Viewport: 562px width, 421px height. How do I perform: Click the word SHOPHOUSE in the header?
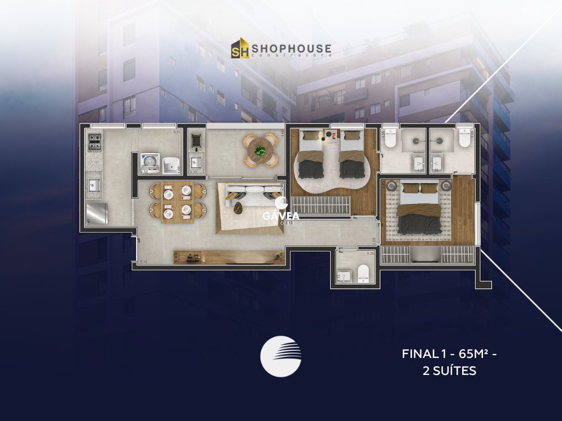(x=291, y=48)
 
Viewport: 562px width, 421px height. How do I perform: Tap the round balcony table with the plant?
(x=261, y=149)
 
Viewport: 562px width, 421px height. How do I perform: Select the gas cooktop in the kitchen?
(x=94, y=142)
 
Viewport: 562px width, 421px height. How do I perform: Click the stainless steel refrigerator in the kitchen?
(x=97, y=213)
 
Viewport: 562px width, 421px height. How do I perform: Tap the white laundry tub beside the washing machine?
(x=171, y=163)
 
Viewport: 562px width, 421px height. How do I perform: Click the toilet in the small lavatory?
(x=363, y=272)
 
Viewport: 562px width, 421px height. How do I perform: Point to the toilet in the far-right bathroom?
(x=465, y=138)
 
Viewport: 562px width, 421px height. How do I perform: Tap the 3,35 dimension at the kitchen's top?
(x=177, y=132)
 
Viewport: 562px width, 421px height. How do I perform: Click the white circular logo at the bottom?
(x=281, y=356)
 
